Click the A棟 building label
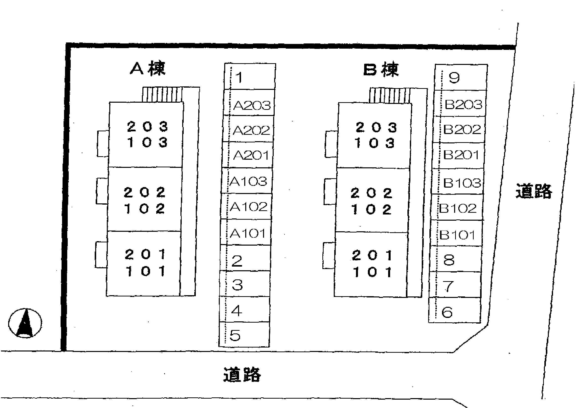[148, 68]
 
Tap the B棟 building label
[381, 69]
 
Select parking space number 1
[250, 76]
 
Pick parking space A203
[249, 103]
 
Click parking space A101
[246, 232]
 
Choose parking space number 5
[244, 334]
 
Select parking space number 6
[455, 310]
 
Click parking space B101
[456, 233]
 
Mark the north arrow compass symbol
[25, 323]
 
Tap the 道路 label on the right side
[534, 191]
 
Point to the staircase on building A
[162, 95]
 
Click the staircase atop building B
[390, 96]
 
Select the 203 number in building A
[148, 126]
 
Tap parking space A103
[247, 180]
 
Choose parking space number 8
[456, 259]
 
